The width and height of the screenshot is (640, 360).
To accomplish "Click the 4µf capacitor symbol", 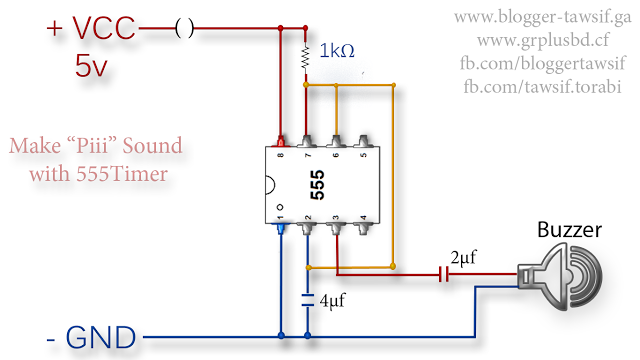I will [x=307, y=300].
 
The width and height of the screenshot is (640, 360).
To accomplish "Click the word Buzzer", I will [x=569, y=229].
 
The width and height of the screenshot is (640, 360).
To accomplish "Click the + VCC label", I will [x=91, y=29].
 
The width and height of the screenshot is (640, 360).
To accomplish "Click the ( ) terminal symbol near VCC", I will [x=184, y=29].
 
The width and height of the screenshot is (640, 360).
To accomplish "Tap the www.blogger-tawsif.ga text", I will [x=540, y=17].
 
